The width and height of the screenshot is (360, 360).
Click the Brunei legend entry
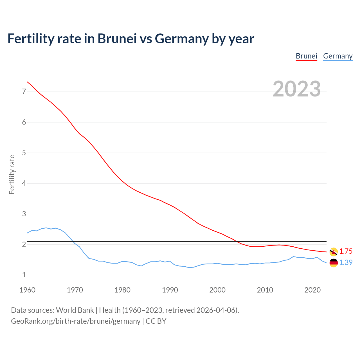click(306, 56)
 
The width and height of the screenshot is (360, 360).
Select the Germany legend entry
click(337, 56)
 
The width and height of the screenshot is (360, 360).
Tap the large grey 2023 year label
click(297, 89)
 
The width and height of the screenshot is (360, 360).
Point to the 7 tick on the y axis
click(24, 92)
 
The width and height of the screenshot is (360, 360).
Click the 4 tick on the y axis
click(24, 183)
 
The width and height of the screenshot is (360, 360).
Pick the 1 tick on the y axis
click(24, 275)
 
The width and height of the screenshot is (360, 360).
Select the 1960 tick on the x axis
click(27, 290)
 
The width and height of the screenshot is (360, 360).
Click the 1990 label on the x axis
click(170, 290)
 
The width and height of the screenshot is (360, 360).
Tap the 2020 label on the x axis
click(312, 290)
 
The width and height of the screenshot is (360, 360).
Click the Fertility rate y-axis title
click(12, 174)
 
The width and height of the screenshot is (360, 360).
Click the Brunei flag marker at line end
click(334, 252)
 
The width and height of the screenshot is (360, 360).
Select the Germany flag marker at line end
click(334, 263)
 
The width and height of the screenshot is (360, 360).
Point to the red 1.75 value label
click(346, 251)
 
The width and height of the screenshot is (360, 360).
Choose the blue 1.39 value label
click(346, 263)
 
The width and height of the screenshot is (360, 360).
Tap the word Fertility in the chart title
click(31, 39)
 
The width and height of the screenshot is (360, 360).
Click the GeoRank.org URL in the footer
click(76, 321)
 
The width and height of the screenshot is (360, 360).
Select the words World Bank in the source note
click(75, 310)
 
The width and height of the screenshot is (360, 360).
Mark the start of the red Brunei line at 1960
click(27, 82)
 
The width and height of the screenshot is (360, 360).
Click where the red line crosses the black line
click(237, 241)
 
